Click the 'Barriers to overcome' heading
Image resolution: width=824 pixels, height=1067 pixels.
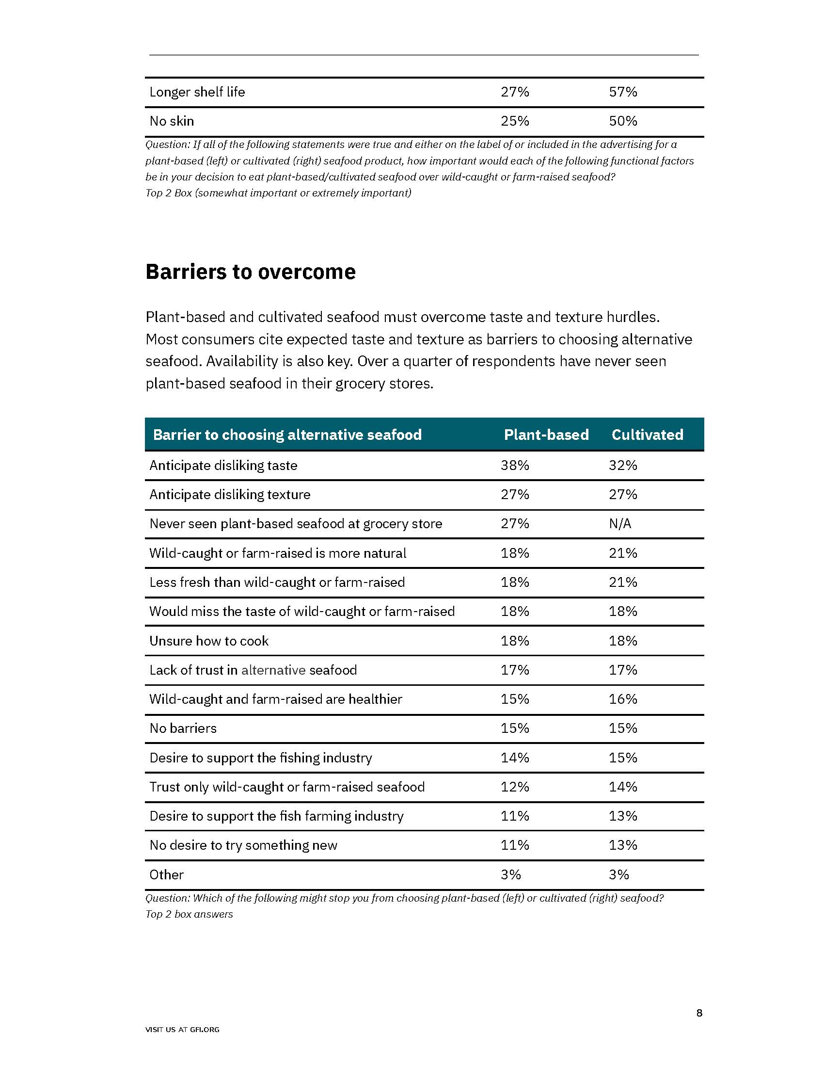pyautogui.click(x=251, y=272)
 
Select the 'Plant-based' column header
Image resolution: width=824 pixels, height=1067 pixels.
pyautogui.click(x=546, y=435)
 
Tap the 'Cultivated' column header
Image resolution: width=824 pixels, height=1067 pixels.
pyautogui.click(x=647, y=435)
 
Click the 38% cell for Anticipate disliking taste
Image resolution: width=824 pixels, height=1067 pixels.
pyautogui.click(x=514, y=465)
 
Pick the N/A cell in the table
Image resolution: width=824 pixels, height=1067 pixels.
pyautogui.click(x=619, y=524)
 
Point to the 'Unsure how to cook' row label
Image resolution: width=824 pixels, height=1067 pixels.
pyautogui.click(x=209, y=641)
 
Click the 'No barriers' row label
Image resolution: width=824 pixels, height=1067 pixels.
pyautogui.click(x=183, y=728)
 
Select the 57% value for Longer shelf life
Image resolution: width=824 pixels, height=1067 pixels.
pyautogui.click(x=622, y=92)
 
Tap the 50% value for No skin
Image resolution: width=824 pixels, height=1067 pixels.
pyautogui.click(x=622, y=121)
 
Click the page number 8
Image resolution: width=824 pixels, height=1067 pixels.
pyautogui.click(x=699, y=1013)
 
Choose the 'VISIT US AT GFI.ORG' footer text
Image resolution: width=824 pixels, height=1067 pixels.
pyautogui.click(x=182, y=1029)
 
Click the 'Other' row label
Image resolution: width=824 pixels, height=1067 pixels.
pyautogui.click(x=166, y=874)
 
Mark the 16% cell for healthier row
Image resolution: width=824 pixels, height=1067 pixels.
pyautogui.click(x=622, y=699)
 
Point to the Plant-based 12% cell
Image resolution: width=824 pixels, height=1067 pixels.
pyautogui.click(x=514, y=787)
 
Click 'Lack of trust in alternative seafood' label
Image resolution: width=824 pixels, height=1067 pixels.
pyautogui.click(x=253, y=670)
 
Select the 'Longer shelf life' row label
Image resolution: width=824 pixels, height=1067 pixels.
pyautogui.click(x=197, y=92)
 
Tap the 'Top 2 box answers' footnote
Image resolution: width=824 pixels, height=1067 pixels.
pyautogui.click(x=189, y=914)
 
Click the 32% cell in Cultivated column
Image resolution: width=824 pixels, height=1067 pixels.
pyautogui.click(x=622, y=465)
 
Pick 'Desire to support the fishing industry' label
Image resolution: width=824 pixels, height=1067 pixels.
pyautogui.click(x=261, y=758)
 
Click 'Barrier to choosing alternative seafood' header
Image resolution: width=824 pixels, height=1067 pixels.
pyautogui.click(x=287, y=435)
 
